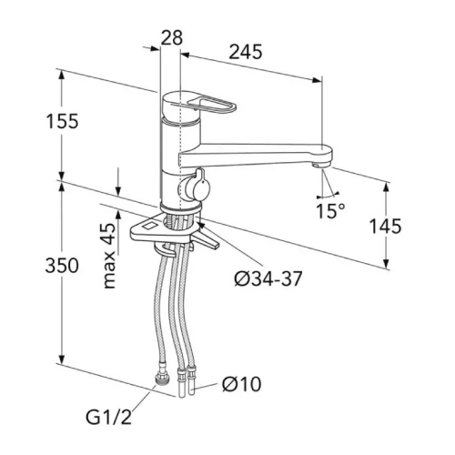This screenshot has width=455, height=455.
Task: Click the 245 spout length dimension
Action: pos(246,52)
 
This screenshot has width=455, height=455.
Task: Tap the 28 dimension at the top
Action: pos(171,37)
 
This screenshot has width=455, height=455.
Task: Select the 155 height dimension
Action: pos(62,121)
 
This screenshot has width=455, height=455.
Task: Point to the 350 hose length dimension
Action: pos(62,266)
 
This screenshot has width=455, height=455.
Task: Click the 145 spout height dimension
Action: pos(385,226)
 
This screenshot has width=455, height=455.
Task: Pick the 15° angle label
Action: pos(330,211)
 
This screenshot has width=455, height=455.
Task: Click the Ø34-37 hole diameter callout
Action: pos(268,278)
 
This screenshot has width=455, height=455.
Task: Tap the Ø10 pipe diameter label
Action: pos(242,384)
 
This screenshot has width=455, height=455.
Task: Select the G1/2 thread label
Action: pos(109,417)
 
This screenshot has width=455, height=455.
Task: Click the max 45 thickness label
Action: pos(109,256)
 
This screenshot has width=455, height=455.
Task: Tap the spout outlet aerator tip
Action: pos(320,165)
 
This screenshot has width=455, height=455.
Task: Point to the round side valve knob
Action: pos(193,188)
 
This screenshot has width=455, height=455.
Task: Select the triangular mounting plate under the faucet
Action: pos(175,231)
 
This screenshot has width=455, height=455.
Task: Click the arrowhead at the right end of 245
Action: pos(317,80)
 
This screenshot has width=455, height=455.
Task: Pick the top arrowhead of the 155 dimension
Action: pos(62,75)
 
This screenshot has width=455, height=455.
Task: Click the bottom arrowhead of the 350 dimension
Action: pos(62,359)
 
